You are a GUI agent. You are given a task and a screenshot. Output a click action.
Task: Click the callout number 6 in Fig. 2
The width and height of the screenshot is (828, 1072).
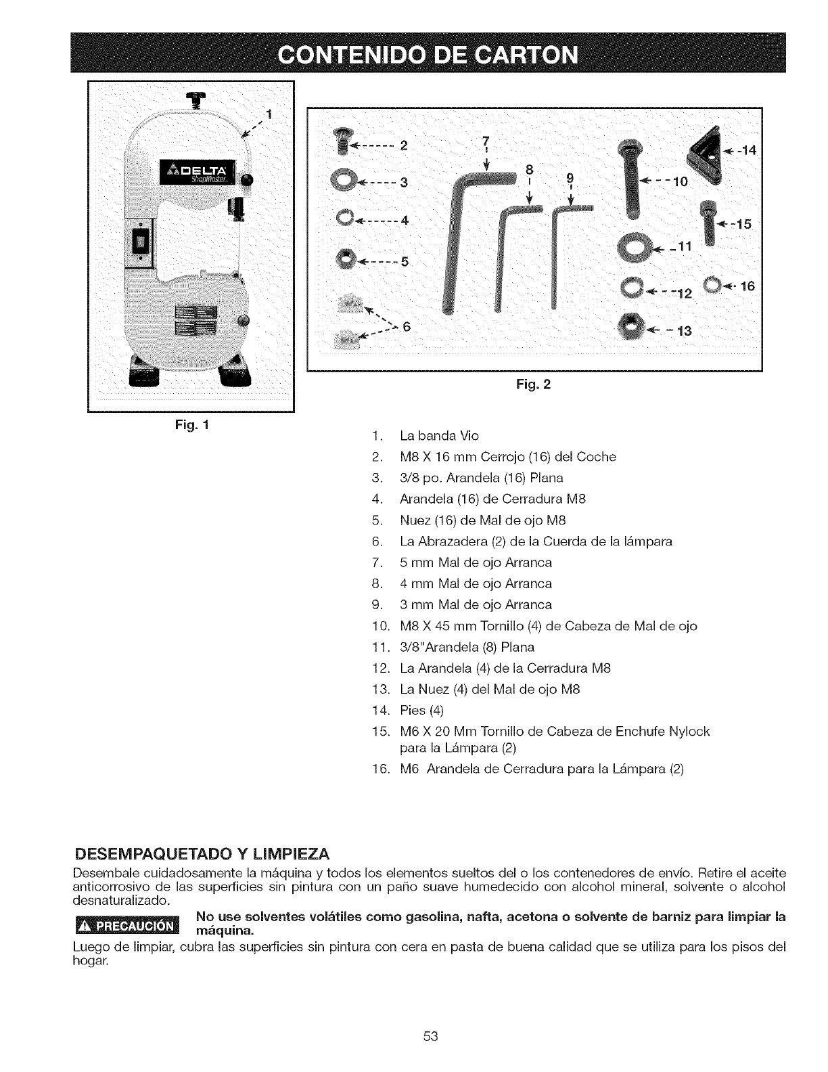407,326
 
